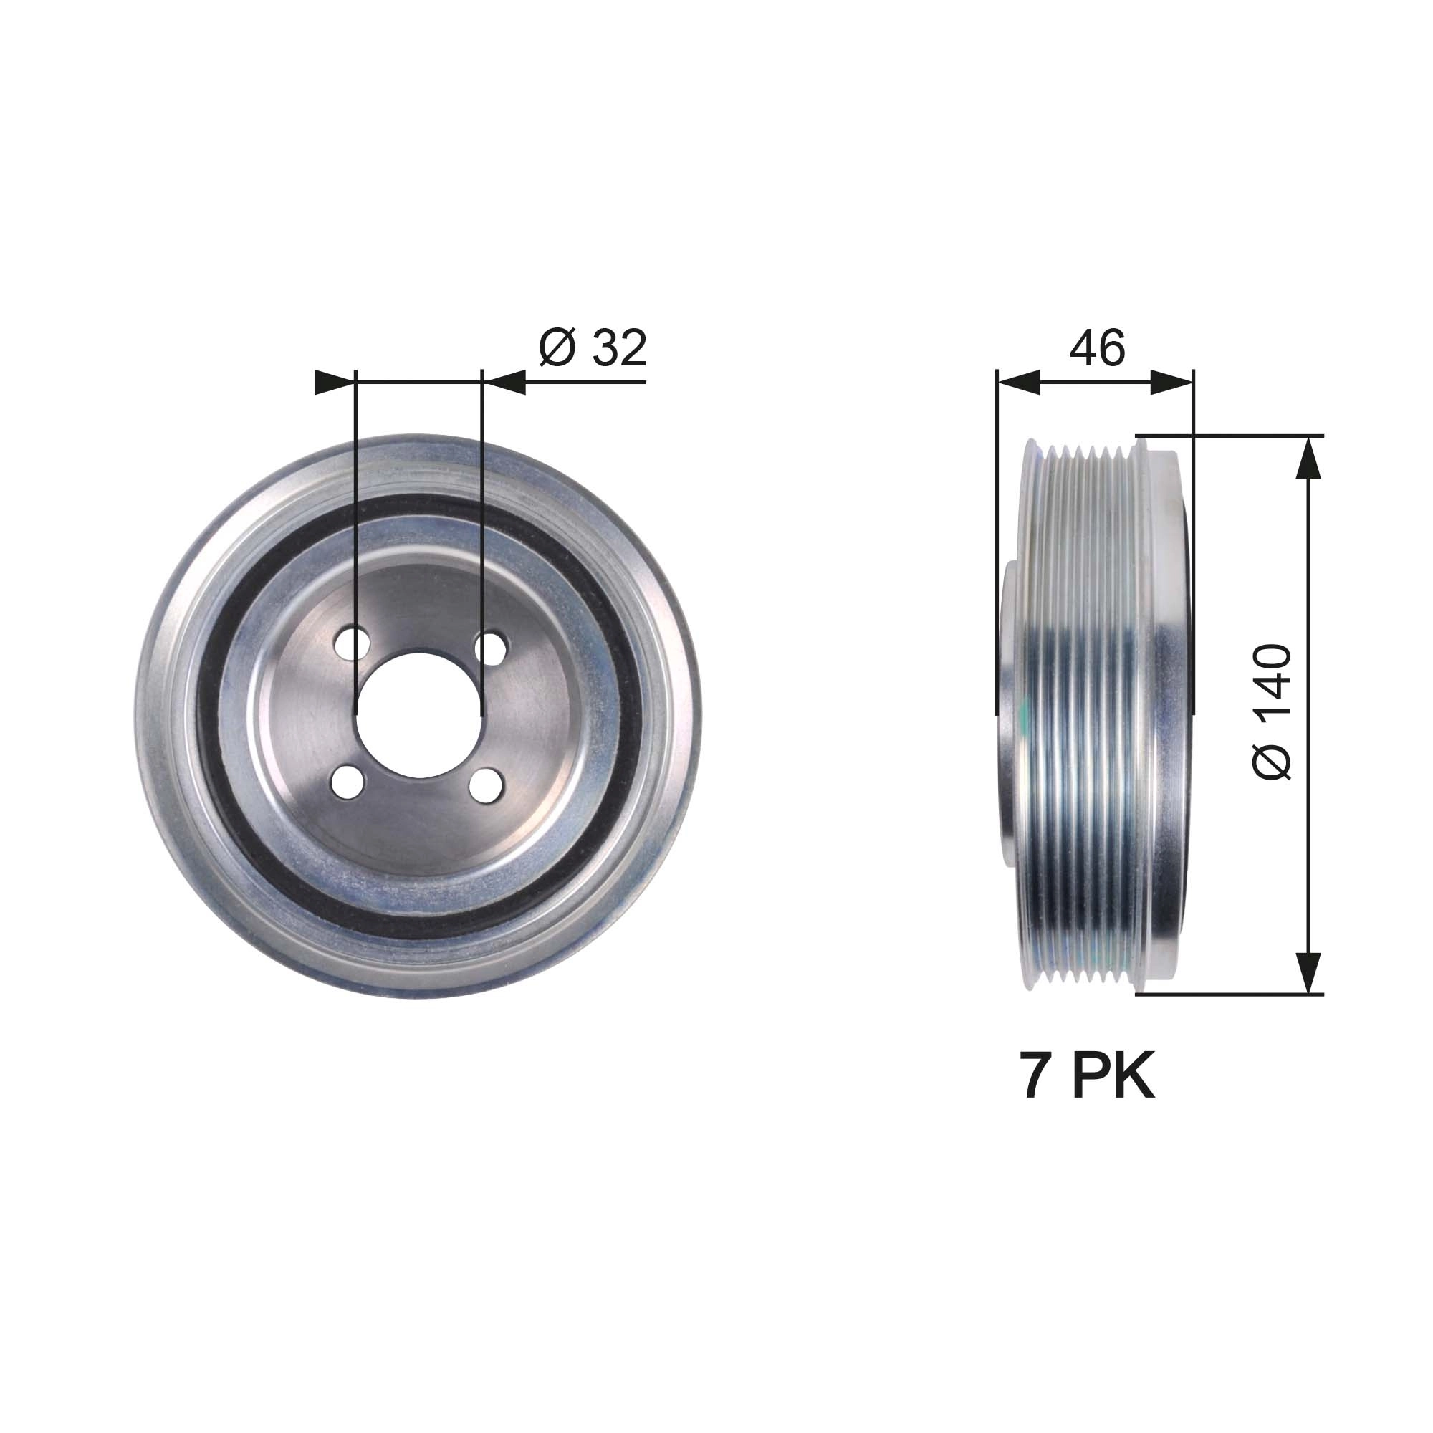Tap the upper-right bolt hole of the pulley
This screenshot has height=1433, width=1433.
[x=489, y=647]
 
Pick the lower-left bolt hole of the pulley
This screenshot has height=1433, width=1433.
[x=349, y=782]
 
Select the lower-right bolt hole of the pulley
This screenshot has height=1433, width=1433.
[x=487, y=785]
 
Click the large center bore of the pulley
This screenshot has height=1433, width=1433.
[x=419, y=715]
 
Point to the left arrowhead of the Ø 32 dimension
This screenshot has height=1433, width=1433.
[x=334, y=382]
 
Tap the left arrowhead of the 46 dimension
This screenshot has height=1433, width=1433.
[x=1017, y=382]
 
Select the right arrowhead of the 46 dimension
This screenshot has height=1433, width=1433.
[x=1173, y=382]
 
